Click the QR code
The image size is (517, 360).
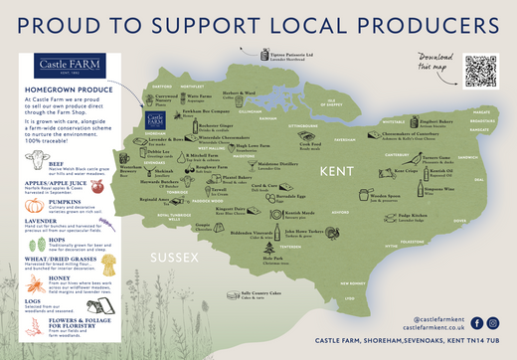478,71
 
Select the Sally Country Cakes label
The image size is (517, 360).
260,295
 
